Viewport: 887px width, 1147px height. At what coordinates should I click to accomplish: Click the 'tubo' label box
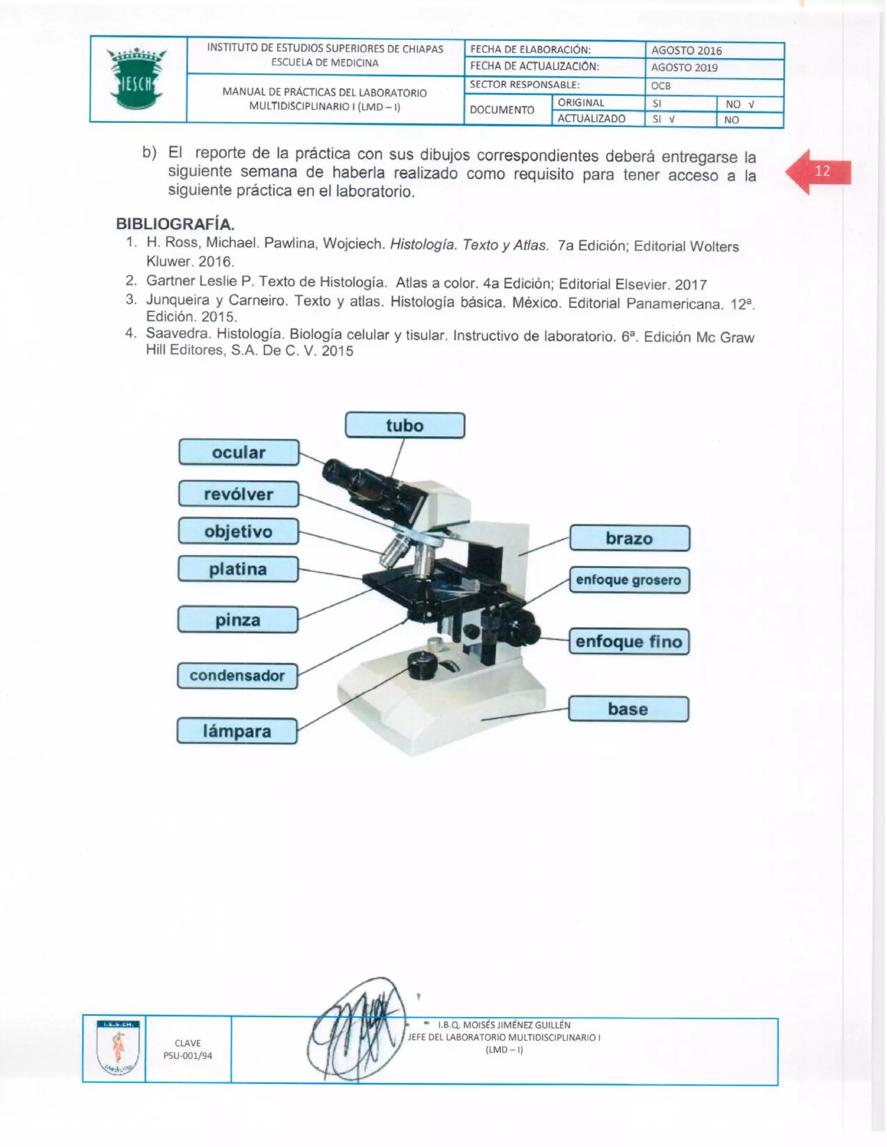[405, 425]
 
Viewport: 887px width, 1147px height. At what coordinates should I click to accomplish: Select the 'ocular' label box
[239, 453]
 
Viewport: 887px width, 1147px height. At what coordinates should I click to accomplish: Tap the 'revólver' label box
[239, 494]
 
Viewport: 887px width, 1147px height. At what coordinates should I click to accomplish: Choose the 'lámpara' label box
[237, 731]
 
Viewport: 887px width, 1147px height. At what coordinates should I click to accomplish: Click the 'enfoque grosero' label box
[629, 580]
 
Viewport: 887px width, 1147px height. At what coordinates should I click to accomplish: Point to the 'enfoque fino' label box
[629, 641]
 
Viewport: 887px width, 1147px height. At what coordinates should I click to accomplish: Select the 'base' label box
[628, 709]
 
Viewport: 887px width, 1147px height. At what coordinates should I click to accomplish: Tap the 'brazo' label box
[629, 538]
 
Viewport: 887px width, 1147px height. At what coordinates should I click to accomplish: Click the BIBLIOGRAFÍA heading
[175, 224]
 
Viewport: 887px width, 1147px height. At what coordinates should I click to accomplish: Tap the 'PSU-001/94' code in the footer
[188, 1056]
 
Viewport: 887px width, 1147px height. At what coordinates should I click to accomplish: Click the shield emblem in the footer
[118, 1048]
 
